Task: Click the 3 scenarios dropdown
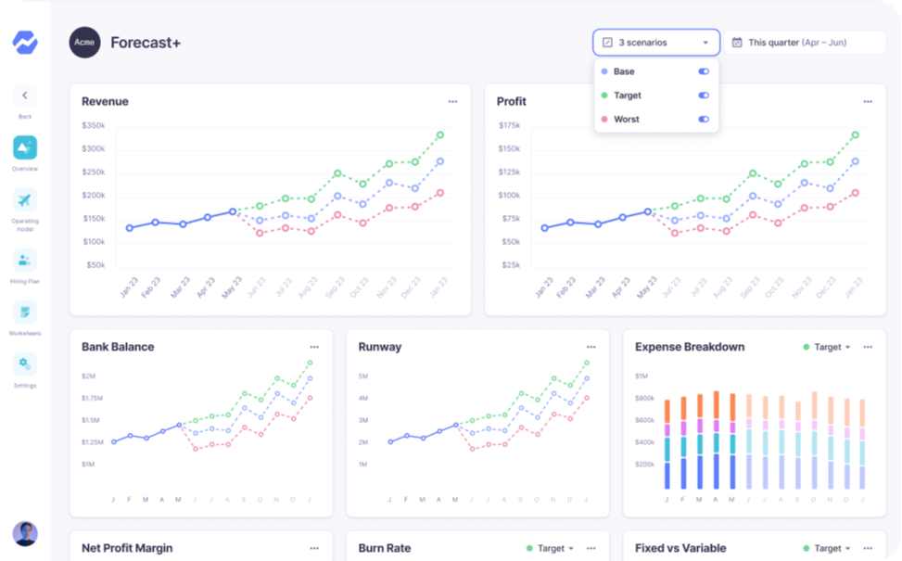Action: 656,43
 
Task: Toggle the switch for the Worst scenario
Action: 704,120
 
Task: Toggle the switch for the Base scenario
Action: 704,71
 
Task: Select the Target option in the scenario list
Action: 627,96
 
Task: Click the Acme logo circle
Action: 84,43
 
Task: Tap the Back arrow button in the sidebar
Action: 25,96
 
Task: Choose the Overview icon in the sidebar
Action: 25,147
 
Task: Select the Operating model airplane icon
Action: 25,200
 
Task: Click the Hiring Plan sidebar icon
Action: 25,260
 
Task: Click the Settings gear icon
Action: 25,364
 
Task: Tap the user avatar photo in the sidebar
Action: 25,534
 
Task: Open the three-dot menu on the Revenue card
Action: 452,102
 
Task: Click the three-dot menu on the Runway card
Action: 591,347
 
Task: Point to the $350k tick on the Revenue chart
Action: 93,125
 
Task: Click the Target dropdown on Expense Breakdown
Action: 827,347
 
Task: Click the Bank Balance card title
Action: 118,347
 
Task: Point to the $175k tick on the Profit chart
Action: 509,125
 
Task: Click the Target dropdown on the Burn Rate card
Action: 551,548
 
